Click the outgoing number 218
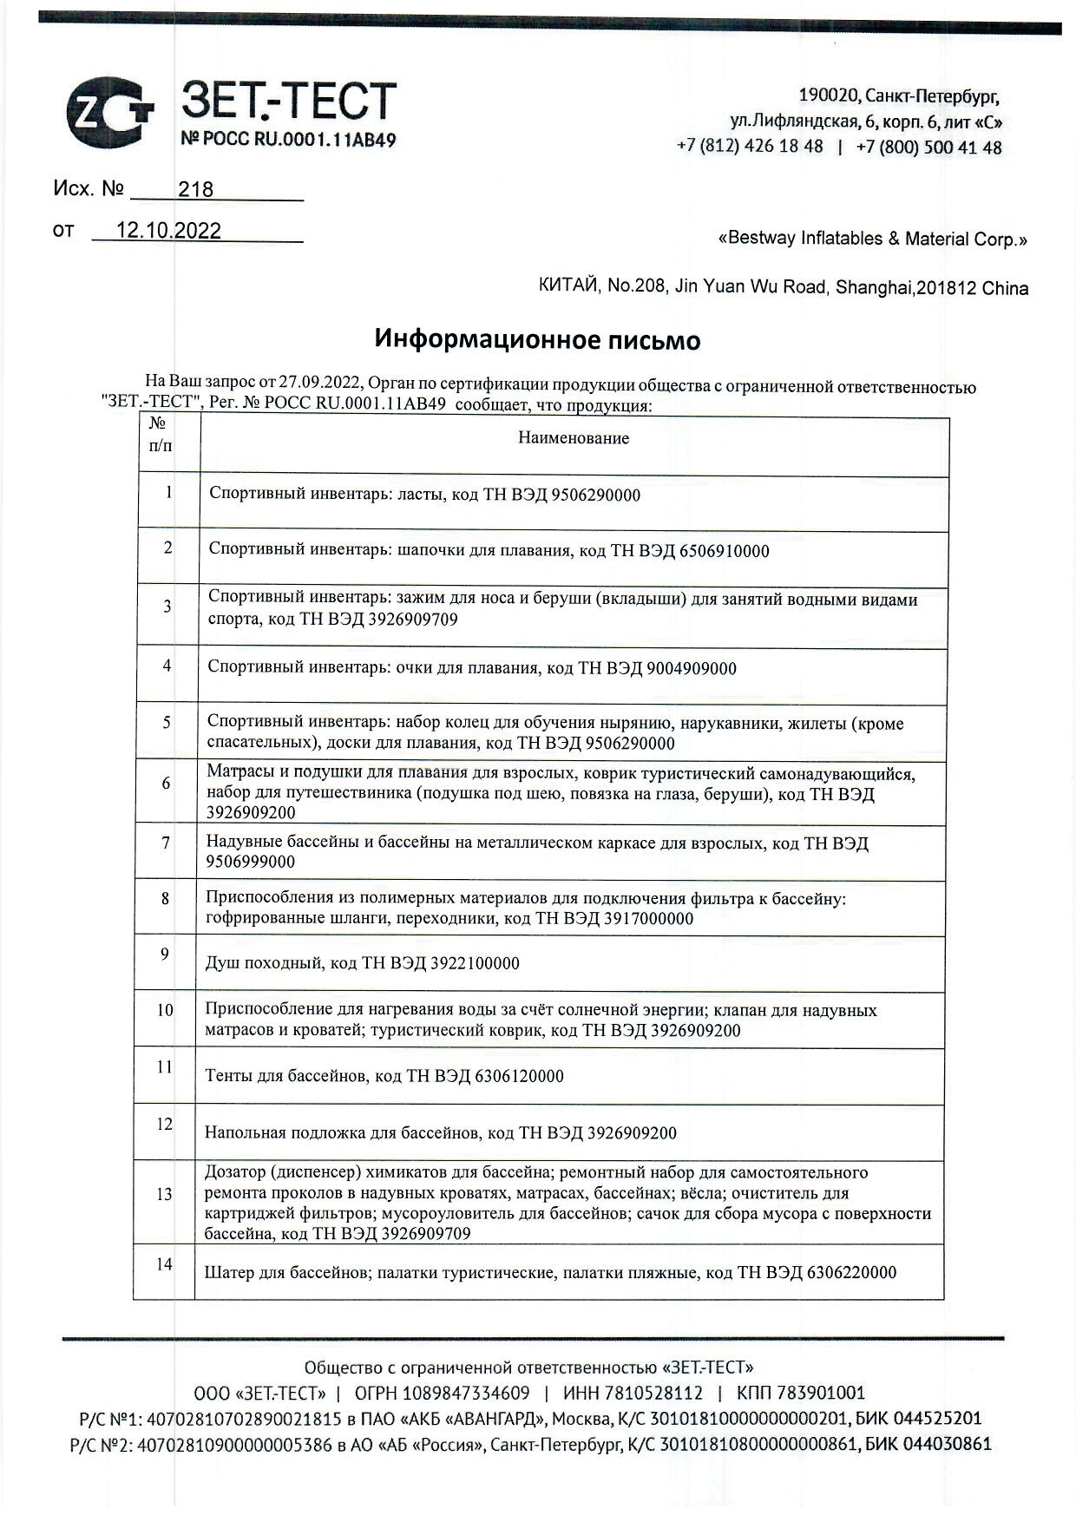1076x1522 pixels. [x=195, y=189]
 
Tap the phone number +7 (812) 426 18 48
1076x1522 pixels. [x=750, y=146]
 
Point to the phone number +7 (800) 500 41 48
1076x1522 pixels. [x=928, y=147]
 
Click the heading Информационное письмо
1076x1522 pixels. [x=537, y=339]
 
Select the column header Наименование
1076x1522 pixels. [x=573, y=438]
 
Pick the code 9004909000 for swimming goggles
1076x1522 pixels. [x=691, y=668]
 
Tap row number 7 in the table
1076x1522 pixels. [x=165, y=843]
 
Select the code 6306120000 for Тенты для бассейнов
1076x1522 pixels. [x=518, y=1076]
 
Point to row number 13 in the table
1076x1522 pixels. [x=164, y=1194]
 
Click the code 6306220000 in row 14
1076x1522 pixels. [x=851, y=1272]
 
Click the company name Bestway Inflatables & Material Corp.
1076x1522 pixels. [x=872, y=239]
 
